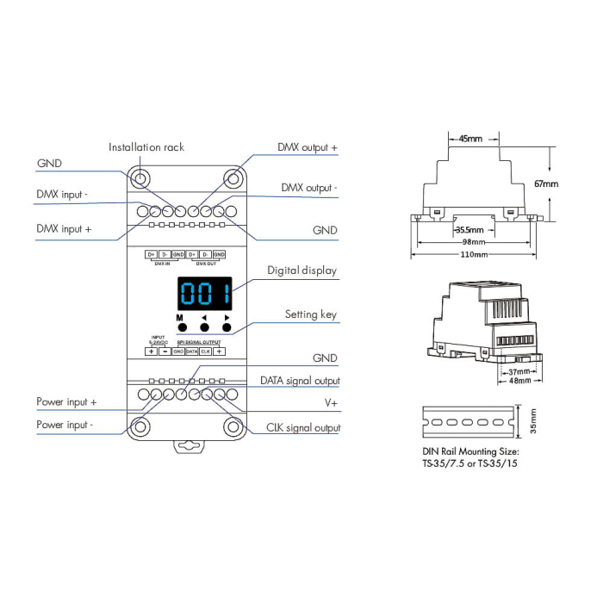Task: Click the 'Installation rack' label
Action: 146,147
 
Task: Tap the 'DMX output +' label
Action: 307,148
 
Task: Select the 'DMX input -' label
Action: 62,195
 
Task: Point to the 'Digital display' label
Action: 301,270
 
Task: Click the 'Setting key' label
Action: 310,314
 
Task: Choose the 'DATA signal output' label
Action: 300,381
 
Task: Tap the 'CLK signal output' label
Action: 301,427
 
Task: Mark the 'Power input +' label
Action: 66,402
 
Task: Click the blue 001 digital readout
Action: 204,295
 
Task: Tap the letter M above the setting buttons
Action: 180,318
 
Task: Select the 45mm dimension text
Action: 469,139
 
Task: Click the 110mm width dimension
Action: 473,255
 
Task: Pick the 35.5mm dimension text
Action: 469,230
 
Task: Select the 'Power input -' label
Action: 65,425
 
